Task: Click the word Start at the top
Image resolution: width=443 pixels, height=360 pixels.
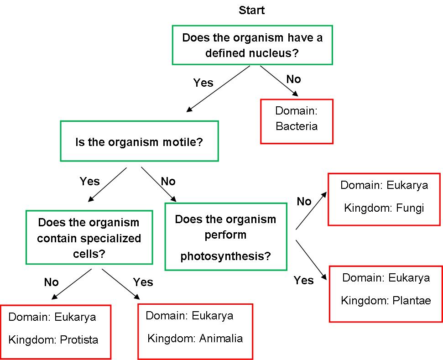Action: [251, 10]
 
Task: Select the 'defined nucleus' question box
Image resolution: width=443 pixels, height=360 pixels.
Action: [252, 45]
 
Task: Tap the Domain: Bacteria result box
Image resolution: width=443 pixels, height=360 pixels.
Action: [297, 121]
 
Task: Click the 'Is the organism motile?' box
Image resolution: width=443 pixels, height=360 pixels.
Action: [139, 141]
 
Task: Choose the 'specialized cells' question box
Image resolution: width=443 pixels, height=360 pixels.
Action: [89, 237]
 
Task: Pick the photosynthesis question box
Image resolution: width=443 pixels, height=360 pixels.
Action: [226, 237]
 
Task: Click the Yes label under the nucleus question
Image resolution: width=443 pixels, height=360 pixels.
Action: [203, 83]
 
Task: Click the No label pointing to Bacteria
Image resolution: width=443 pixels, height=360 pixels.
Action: [293, 79]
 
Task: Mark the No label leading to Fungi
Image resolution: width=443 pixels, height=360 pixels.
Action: [304, 201]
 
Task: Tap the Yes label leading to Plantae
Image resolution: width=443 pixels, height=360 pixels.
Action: [303, 280]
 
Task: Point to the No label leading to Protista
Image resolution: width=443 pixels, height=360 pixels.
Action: [52, 282]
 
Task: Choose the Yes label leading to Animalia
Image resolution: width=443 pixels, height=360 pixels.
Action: [143, 282]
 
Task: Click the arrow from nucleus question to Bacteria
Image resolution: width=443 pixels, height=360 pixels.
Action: [279, 81]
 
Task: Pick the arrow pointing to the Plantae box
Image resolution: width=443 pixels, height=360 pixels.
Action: [312, 259]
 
